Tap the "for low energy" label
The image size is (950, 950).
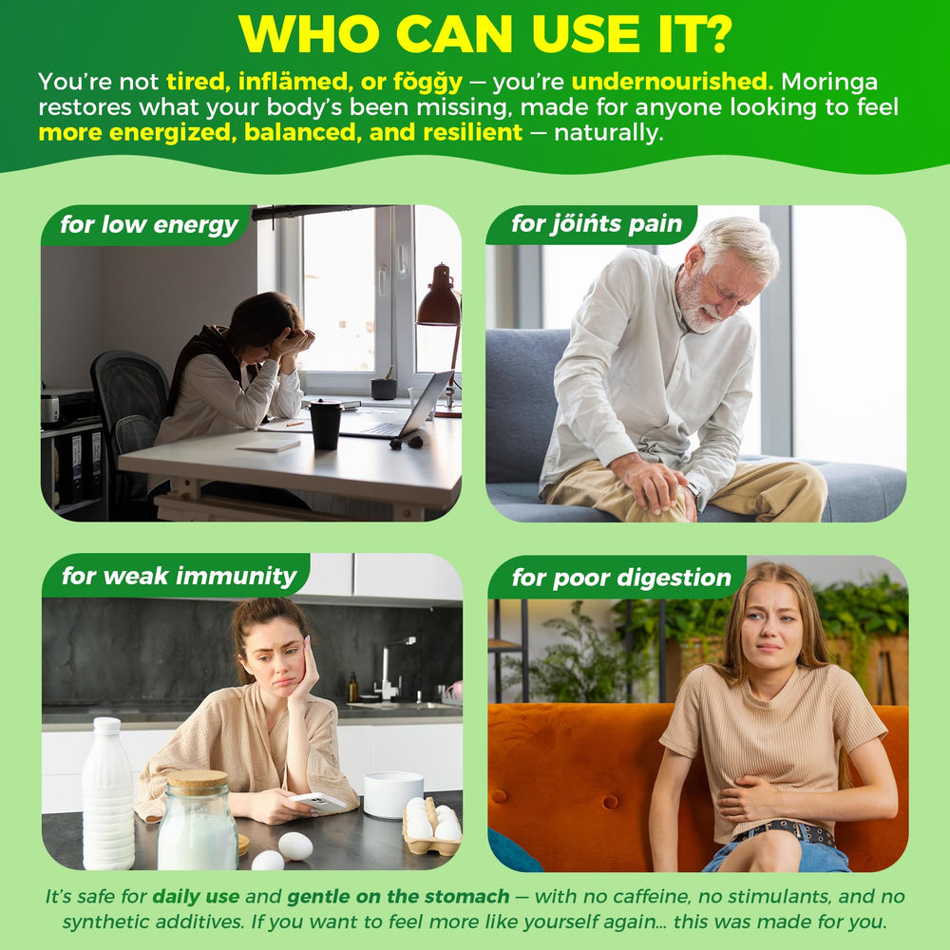point(149,225)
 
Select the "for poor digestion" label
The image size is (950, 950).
point(621,578)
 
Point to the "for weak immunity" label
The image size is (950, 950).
point(180,576)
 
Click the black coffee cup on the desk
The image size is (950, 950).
point(326,425)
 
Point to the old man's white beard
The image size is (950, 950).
point(695,305)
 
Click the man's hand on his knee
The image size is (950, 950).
point(655,484)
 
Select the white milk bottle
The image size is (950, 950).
point(108,792)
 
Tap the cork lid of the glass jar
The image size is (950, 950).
point(197,782)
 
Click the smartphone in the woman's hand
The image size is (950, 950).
point(318,803)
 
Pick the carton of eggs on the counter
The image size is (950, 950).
point(431,826)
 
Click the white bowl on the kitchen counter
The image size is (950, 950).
point(393,793)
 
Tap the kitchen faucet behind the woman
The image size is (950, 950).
point(391,668)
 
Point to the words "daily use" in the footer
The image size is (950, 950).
point(196,896)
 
